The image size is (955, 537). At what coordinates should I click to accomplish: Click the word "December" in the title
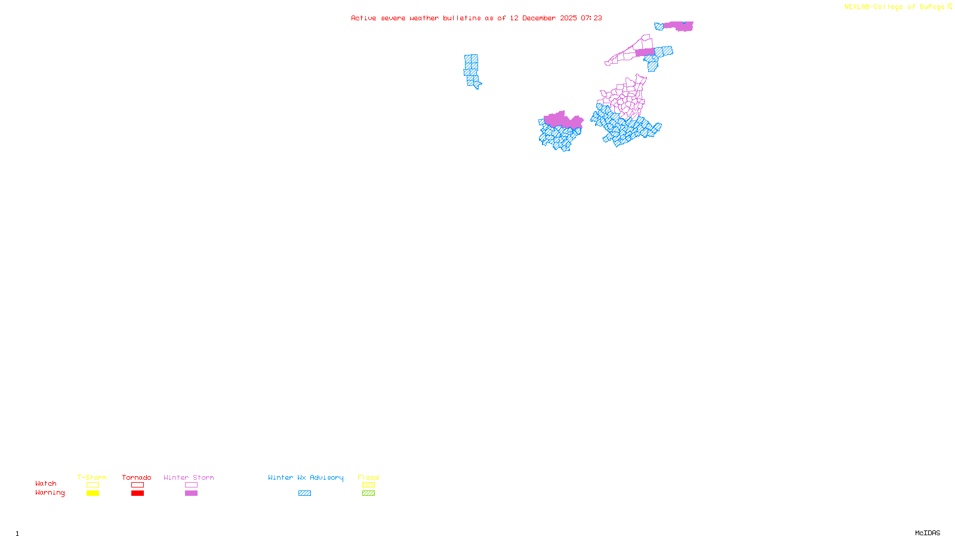click(x=539, y=18)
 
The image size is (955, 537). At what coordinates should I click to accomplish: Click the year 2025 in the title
click(x=568, y=18)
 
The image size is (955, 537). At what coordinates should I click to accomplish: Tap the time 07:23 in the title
click(x=592, y=18)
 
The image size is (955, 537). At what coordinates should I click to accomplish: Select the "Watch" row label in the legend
click(x=46, y=483)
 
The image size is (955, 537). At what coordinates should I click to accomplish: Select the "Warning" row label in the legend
click(x=50, y=493)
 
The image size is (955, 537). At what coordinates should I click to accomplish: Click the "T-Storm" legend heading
click(x=92, y=477)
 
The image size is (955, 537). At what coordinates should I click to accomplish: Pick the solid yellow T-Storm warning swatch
click(x=93, y=493)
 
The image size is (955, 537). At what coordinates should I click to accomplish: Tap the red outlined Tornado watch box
click(x=137, y=485)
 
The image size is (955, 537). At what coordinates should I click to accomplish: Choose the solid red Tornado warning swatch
click(x=137, y=493)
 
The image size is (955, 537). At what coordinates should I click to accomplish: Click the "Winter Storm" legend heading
click(x=189, y=477)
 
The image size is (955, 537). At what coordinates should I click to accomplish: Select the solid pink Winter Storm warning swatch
click(x=191, y=493)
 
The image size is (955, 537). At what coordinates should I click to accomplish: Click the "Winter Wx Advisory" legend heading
click(x=306, y=477)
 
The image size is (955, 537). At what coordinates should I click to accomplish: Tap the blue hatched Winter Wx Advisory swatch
click(x=304, y=493)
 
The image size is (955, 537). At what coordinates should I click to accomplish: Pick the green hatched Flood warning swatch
click(x=368, y=493)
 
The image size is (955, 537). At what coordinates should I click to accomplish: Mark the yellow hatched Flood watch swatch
click(x=368, y=485)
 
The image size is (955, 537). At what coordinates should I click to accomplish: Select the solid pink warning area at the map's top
click(x=679, y=26)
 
